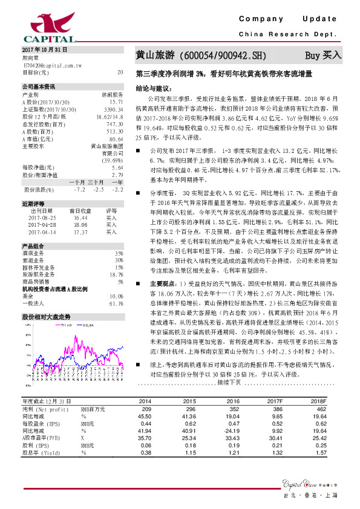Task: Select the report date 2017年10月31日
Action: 42,50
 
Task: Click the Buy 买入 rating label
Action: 322,56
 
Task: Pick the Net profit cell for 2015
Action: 189,409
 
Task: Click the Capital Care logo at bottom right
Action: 309,482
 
